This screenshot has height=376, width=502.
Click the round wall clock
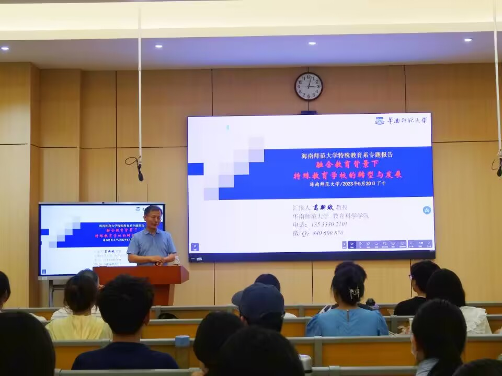point(309,86)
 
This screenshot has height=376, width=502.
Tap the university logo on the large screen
point(401,121)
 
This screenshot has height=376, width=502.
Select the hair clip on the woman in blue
point(355,292)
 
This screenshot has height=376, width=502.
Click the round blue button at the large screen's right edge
point(427,210)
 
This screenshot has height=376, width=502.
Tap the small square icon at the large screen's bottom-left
point(195,247)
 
